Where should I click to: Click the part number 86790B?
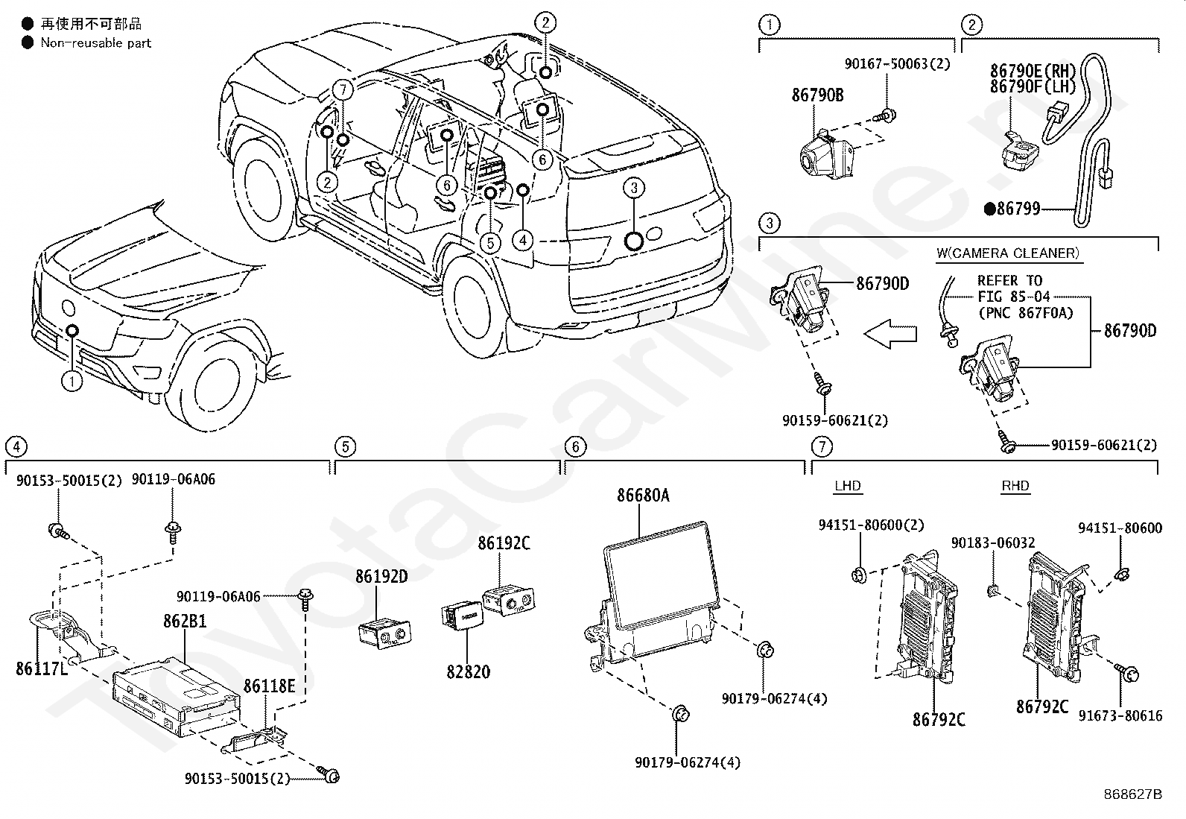coord(817,95)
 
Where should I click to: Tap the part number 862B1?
coord(185,621)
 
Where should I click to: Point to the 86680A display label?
coord(643,496)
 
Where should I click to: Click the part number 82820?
coord(469,671)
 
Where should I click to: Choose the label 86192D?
coord(381,576)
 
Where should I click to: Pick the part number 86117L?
coord(41,668)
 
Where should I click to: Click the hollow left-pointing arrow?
coord(890,334)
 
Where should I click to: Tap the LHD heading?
coord(848,486)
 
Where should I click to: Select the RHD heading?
coord(1015,486)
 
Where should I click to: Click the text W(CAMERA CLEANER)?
coord(1007,253)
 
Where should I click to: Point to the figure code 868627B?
coord(1133,794)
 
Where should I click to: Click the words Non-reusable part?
coord(96,43)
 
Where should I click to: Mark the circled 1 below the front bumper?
coord(72,382)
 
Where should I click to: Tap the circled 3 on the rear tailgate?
coord(634,188)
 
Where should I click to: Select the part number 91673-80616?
coord(1120,716)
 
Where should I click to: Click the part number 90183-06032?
coord(993,543)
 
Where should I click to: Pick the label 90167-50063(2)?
coord(897,64)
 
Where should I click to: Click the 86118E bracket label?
coord(269,686)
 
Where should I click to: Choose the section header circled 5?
coord(345,447)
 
